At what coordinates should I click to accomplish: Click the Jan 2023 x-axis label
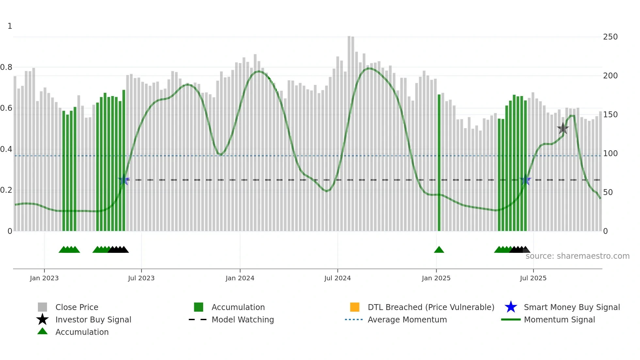(44, 278)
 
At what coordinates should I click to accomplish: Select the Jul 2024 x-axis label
(337, 278)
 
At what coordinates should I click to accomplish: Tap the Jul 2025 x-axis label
(533, 278)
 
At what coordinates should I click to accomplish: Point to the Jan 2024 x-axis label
(240, 278)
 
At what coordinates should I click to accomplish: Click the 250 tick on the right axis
(610, 37)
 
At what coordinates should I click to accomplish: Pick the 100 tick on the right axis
(610, 154)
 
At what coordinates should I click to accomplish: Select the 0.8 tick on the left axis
(6, 67)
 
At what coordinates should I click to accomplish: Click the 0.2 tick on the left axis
(6, 190)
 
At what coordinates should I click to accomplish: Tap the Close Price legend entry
(77, 307)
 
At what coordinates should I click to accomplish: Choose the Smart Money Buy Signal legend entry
(572, 307)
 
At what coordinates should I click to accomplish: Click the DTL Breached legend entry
(431, 307)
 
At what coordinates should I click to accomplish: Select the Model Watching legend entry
(243, 319)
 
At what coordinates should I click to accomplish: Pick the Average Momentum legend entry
(407, 319)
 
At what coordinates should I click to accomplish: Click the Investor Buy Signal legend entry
(93, 319)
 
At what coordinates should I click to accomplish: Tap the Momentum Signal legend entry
(559, 319)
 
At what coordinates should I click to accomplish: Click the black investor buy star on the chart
(563, 128)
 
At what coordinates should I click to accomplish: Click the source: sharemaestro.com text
(577, 256)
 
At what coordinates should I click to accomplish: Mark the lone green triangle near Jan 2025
(439, 250)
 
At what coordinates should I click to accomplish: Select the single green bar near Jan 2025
(439, 163)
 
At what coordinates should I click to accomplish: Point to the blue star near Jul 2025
(525, 180)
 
